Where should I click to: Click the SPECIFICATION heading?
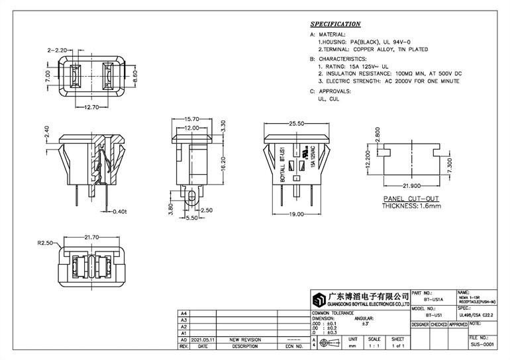336,24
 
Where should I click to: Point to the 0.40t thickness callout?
119,211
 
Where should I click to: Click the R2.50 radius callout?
45,243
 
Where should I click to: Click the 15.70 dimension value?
192,119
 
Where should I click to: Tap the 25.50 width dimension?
297,123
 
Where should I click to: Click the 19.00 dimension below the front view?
297,214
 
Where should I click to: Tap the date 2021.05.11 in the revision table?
203,339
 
